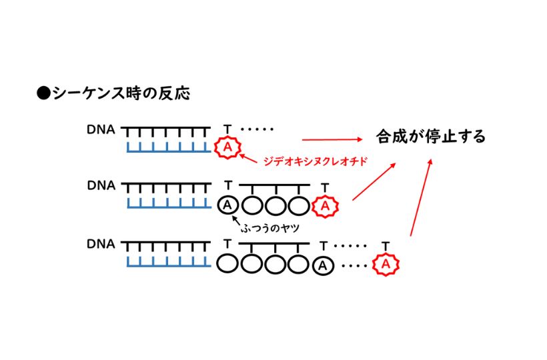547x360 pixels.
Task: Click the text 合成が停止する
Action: point(430,137)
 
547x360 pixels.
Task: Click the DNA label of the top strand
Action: point(101,129)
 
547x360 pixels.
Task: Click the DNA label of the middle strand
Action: point(101,185)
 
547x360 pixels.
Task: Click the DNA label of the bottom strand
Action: point(101,244)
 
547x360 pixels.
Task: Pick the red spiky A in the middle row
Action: point(325,206)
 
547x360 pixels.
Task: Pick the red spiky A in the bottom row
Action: point(386,265)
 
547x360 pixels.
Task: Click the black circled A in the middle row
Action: point(227,205)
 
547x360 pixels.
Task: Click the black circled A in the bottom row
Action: point(324,265)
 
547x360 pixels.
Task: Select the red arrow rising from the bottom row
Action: point(420,197)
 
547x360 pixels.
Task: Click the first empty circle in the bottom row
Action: point(228,265)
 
